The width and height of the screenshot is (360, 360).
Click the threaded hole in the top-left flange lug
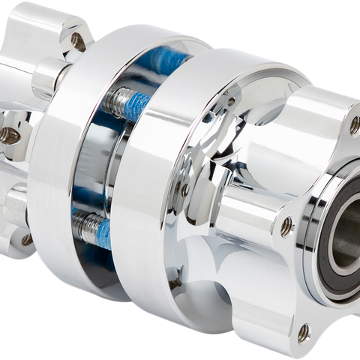click(77, 39)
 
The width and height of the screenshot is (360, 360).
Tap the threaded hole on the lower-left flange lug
click(26, 239)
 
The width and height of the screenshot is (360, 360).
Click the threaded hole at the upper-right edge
click(354, 125)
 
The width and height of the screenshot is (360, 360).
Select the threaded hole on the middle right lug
click(286, 223)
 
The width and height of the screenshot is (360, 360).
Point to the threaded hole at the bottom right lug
click(302, 330)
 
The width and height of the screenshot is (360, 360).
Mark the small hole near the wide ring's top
click(231, 100)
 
